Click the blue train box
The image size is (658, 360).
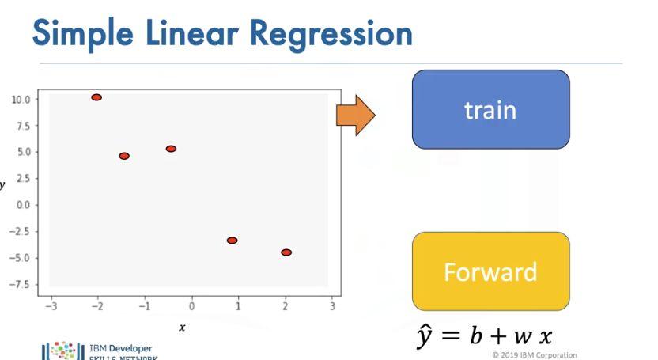click(x=490, y=109)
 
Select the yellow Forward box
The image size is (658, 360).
click(x=490, y=271)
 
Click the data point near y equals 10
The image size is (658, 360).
click(x=96, y=97)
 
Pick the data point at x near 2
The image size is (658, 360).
click(x=286, y=252)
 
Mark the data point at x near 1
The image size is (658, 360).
click(x=232, y=241)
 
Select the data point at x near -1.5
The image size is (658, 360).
click(x=124, y=156)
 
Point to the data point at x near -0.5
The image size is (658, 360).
click(x=171, y=149)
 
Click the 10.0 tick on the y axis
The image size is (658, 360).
click(x=21, y=100)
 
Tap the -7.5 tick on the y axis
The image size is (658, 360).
click(x=21, y=284)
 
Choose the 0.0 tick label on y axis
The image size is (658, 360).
click(x=23, y=205)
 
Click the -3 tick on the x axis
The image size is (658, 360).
click(x=50, y=306)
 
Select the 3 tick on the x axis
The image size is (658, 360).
click(x=332, y=306)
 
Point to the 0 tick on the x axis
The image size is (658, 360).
click(x=191, y=306)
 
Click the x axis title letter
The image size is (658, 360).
click(x=182, y=327)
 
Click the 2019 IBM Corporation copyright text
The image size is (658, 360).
click(x=534, y=355)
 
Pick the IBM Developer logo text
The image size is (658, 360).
click(x=119, y=348)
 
